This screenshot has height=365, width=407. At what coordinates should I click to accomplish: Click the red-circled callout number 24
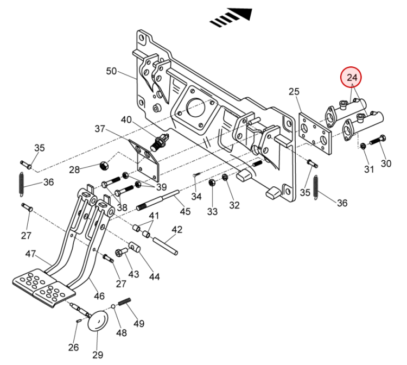(352, 78)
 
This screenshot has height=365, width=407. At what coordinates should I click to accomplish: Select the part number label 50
(111, 71)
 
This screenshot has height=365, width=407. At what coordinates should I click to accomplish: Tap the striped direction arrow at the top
(232, 17)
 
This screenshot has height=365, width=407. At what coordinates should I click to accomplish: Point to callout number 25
(294, 92)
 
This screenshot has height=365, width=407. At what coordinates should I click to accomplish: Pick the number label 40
(126, 119)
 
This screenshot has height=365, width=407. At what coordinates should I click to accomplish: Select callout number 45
(186, 211)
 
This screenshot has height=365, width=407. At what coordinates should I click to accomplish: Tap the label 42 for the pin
(177, 230)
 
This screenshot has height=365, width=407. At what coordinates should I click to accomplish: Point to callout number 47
(30, 254)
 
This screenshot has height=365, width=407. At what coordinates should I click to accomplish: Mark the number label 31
(369, 169)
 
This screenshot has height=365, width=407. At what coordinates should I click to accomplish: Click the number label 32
(234, 205)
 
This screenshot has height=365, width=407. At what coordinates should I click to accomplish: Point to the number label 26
(73, 348)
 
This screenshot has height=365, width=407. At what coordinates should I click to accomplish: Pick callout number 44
(154, 276)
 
